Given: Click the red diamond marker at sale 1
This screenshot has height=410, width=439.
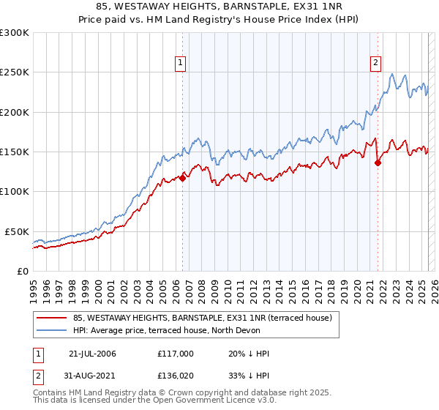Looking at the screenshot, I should [182, 178].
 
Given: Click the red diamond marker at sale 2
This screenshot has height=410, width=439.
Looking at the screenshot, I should [378, 163].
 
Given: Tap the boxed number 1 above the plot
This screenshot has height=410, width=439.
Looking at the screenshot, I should [180, 63].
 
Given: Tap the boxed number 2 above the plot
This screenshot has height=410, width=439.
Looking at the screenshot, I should [375, 63].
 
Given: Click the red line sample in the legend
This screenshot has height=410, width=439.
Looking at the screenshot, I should [53, 318].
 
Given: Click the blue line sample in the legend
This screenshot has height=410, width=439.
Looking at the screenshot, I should [53, 330].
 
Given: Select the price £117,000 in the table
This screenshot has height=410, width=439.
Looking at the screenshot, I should [175, 354].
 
